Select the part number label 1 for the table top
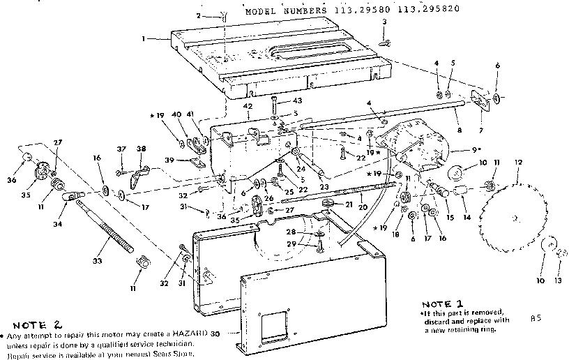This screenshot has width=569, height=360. pos(143,38)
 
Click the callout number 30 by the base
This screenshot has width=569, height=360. pos(215,334)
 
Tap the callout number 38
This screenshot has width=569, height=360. pos(141,149)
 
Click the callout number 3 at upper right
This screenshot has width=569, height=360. pos(384,23)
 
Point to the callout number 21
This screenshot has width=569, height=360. pos(349,203)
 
